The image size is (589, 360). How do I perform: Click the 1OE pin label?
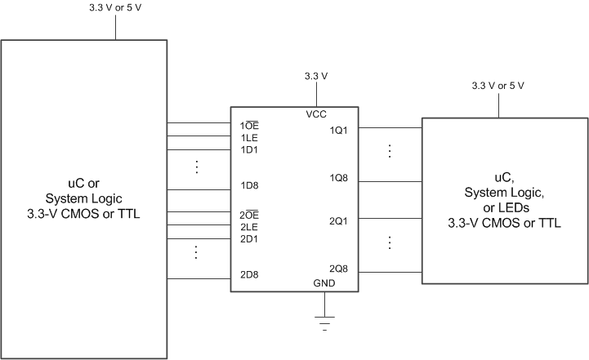pyautogui.click(x=249, y=127)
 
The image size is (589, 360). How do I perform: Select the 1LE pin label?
pyautogui.click(x=248, y=138)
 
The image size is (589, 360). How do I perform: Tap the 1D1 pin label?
pyautogui.click(x=249, y=149)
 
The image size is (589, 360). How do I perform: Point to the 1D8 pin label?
pyautogui.click(x=249, y=186)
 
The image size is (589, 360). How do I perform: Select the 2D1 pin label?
pyautogui.click(x=249, y=239)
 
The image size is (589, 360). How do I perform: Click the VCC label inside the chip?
pyautogui.click(x=316, y=115)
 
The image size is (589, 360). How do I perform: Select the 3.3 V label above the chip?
pyautogui.click(x=316, y=76)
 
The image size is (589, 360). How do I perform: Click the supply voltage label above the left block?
pyautogui.click(x=114, y=8)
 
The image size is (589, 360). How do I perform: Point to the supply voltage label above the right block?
pyautogui.click(x=498, y=86)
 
